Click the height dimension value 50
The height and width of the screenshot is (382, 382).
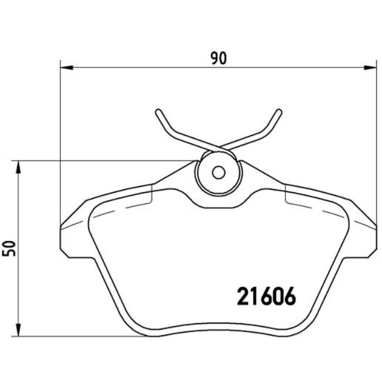[x=8, y=248]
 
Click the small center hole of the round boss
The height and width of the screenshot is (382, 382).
[x=219, y=173]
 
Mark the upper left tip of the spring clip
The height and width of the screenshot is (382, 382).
[x=158, y=111]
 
